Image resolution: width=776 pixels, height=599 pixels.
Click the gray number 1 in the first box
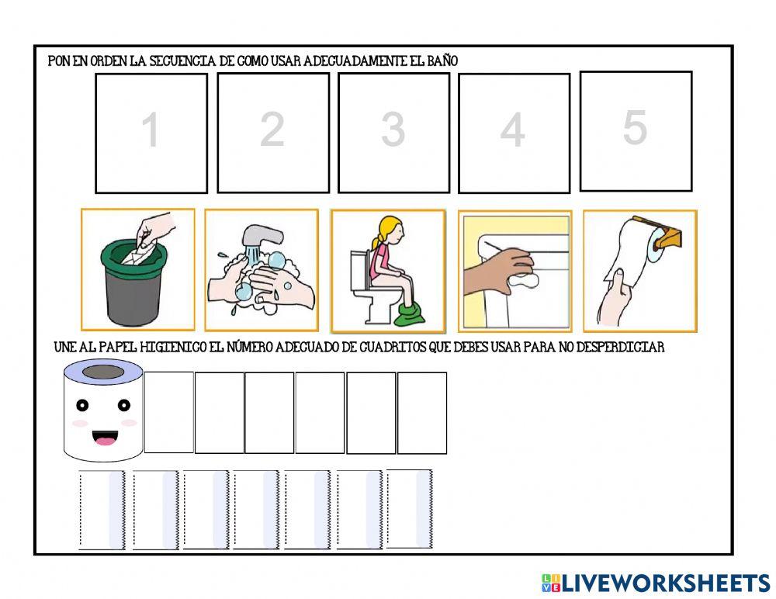(x=151, y=130)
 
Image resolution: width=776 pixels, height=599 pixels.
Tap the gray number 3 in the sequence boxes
(x=393, y=130)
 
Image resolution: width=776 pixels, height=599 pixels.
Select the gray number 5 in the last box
(x=635, y=127)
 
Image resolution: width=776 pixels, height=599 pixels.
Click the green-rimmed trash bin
(x=133, y=282)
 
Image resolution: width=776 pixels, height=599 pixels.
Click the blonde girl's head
(x=390, y=231)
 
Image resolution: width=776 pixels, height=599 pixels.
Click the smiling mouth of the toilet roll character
(x=105, y=438)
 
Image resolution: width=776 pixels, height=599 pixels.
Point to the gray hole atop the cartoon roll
(x=103, y=372)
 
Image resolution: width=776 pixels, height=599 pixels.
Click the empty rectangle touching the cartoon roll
(x=168, y=412)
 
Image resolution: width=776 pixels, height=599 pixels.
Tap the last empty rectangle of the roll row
(x=422, y=413)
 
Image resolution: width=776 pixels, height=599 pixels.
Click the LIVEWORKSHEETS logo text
(x=666, y=583)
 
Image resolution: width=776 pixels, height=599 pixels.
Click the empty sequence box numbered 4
(x=514, y=133)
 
